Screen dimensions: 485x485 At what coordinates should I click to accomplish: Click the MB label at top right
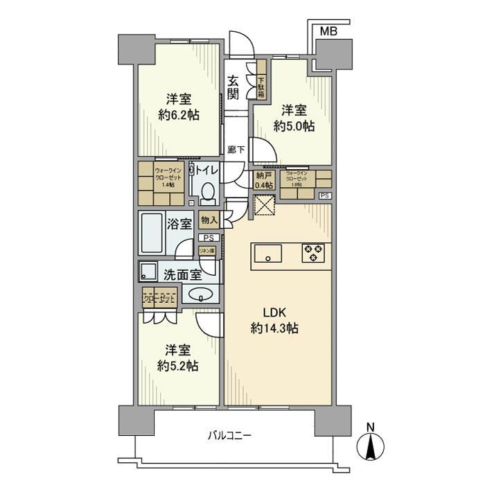(330, 31)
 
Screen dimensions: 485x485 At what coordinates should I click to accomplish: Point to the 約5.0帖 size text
(294, 126)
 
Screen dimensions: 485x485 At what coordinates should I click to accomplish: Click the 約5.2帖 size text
(178, 365)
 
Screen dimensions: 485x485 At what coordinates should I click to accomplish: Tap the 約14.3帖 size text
(275, 329)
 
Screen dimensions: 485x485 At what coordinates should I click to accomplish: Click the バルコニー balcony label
(229, 436)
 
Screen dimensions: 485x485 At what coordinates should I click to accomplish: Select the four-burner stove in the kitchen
(313, 253)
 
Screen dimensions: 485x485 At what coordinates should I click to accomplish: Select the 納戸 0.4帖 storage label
(263, 180)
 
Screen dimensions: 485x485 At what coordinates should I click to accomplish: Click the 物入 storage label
(209, 220)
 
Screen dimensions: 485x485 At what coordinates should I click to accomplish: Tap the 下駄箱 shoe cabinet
(261, 82)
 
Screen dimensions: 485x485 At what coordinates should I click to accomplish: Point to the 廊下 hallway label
(233, 149)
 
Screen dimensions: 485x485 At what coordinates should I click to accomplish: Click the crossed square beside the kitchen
(263, 206)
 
